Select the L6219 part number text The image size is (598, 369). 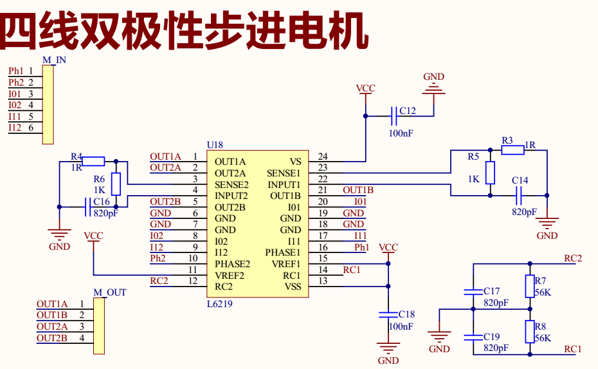point(219,304)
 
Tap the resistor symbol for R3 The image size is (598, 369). point(513,150)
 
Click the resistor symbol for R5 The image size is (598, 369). point(491,173)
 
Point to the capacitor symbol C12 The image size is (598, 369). point(393,116)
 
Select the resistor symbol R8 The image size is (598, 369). point(530,332)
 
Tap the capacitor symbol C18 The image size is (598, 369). point(388,315)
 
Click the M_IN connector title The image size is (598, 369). point(54,60)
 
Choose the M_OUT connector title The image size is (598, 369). point(109,292)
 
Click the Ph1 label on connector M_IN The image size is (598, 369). point(16,71)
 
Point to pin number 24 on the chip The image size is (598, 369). point(322,156)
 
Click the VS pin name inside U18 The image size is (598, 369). point(295,162)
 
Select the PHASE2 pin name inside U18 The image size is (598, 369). point(232,264)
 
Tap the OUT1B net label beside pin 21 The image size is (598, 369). point(358,190)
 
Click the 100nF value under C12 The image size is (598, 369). point(401,133)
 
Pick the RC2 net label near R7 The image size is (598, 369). point(573,258)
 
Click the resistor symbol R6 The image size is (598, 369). point(116,184)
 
